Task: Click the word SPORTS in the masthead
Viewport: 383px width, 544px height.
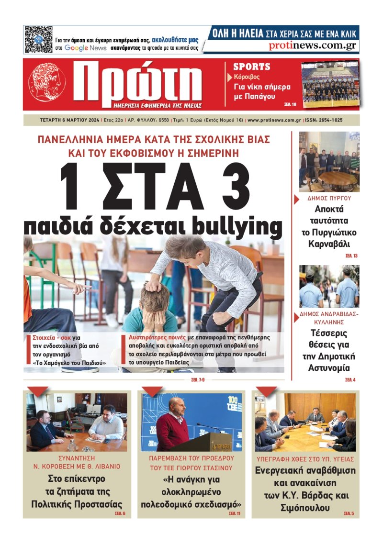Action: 252,67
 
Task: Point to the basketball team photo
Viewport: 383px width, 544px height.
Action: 330,84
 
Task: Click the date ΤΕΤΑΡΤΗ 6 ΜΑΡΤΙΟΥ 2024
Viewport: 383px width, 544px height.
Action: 70,120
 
